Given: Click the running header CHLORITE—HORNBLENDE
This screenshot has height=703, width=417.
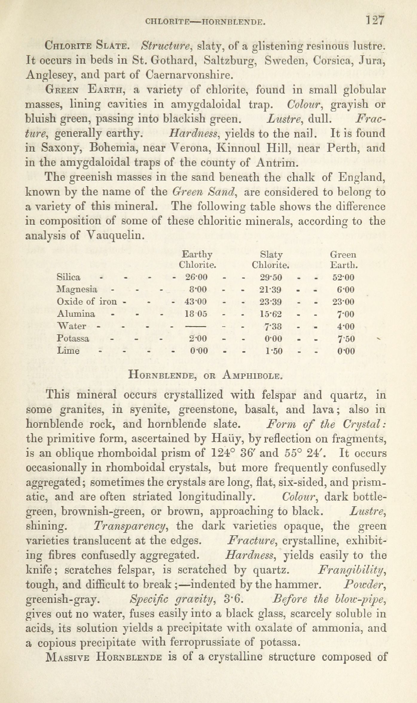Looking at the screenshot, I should (205, 21).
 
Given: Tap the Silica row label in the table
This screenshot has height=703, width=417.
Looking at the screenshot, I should (68, 277).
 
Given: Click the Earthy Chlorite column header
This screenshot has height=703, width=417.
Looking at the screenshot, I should (197, 260).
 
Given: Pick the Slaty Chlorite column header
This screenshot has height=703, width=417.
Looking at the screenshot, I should (271, 260).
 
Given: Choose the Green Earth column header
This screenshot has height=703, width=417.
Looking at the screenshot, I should (344, 260).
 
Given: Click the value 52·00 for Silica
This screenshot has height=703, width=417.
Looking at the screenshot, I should (343, 278).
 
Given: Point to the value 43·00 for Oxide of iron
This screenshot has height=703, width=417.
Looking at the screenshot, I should (196, 302).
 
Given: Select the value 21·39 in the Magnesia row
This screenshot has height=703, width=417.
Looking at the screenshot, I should (271, 290).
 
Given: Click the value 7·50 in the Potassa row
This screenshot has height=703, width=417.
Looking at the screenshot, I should (346, 339).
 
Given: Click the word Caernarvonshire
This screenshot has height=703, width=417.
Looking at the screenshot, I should (189, 75).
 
